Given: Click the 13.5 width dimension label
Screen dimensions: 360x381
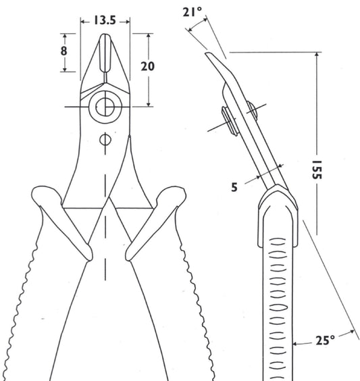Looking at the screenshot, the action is (x=105, y=20).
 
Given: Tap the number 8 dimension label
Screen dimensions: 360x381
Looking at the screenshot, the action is (x=63, y=51).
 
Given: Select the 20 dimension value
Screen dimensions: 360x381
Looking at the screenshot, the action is (x=147, y=66).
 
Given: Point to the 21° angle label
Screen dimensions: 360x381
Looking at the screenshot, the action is (x=192, y=11).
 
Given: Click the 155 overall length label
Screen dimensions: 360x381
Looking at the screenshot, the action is (x=317, y=170).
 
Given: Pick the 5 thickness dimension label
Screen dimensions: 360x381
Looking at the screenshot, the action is (x=234, y=187).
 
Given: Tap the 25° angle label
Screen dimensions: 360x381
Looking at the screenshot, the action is (x=326, y=340).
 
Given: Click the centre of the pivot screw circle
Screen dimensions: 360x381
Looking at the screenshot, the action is (x=105, y=107).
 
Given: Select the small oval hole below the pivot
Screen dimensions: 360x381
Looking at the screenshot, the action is (x=105, y=140).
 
